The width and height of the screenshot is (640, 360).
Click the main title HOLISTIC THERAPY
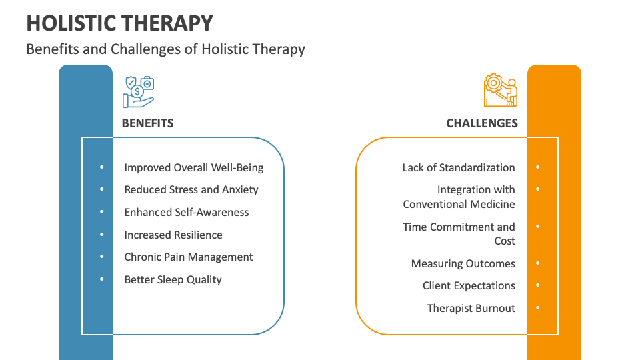(120, 23)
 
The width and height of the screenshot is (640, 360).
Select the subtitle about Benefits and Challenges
(165, 49)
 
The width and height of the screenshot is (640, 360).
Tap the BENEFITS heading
(147, 123)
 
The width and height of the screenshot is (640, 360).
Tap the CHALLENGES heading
(481, 123)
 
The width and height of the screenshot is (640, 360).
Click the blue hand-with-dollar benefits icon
(139, 91)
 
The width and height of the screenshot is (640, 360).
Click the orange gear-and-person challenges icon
(501, 91)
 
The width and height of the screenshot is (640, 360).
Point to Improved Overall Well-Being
(193, 167)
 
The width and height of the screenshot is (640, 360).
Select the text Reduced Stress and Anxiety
(191, 189)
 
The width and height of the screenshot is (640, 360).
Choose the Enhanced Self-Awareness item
(186, 212)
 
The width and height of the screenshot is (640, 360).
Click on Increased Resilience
(173, 235)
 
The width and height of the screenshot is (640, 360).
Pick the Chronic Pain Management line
(188, 257)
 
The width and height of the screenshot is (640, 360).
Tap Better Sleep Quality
(173, 279)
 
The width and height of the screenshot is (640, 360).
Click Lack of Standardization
(458, 167)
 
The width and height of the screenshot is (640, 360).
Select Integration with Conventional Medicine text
(459, 197)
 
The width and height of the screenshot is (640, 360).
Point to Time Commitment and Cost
(459, 233)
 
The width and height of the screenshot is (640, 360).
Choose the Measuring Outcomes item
(463, 263)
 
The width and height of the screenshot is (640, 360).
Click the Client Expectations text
(469, 285)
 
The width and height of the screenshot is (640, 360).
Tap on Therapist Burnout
(471, 308)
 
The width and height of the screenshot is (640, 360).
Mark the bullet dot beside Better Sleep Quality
(102, 279)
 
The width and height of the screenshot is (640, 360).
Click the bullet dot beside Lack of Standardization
(537, 167)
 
